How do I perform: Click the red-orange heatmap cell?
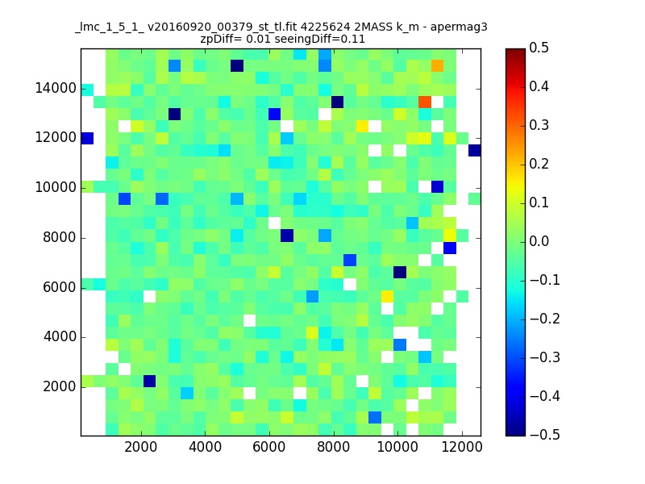(425, 102)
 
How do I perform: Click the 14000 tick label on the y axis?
(56, 88)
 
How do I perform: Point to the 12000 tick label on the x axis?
(461, 447)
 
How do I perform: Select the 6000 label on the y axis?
(59, 287)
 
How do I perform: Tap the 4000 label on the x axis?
(205, 447)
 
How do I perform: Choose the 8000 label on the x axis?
(333, 447)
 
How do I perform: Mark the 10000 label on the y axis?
(56, 188)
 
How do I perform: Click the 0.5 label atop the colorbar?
(539, 48)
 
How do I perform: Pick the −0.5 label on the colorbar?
(545, 435)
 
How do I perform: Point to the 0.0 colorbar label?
(539, 241)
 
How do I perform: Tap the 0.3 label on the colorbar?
(539, 125)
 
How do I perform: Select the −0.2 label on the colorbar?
(545, 319)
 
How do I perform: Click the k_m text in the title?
(407, 27)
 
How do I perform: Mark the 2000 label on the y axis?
(59, 387)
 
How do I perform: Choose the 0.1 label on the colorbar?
(539, 202)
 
